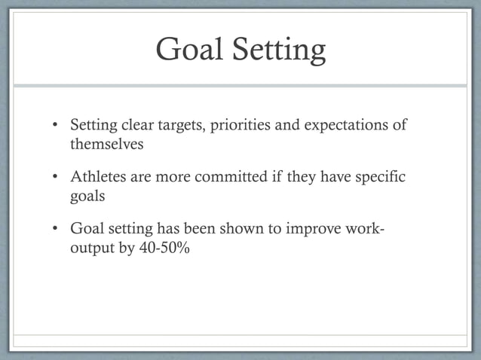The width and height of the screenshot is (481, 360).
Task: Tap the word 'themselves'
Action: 106,144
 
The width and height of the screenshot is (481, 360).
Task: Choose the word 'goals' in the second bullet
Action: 87,196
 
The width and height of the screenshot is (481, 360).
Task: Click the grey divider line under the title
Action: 240,85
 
